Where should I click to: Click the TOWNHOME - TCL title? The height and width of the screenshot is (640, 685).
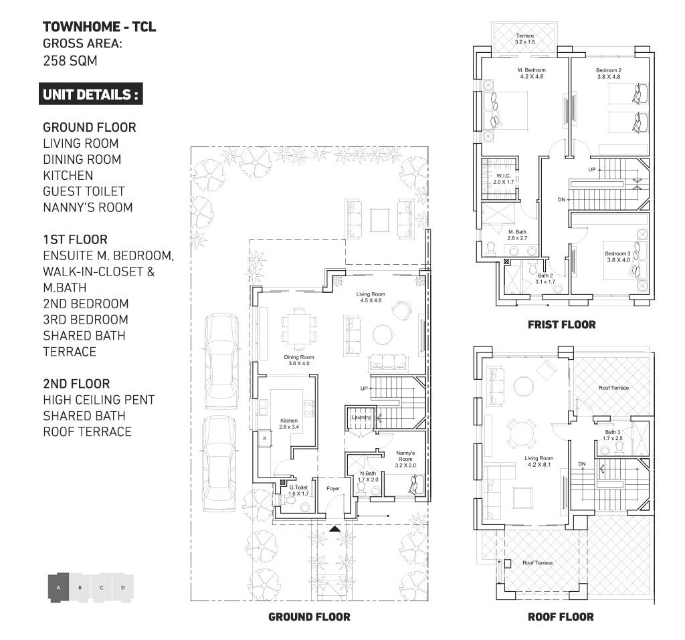(100, 27)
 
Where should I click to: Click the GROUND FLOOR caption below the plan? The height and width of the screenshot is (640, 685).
(308, 617)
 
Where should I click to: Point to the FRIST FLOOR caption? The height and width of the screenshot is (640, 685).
(561, 325)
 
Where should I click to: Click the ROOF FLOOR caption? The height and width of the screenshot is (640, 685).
(560, 617)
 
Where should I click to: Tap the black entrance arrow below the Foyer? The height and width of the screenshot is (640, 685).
(334, 529)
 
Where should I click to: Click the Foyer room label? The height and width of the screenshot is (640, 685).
(333, 488)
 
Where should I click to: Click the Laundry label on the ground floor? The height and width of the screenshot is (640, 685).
(361, 418)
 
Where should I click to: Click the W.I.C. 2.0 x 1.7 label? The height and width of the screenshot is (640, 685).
(503, 179)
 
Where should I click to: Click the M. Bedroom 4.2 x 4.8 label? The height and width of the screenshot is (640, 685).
(532, 73)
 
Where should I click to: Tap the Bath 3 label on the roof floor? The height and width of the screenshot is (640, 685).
(613, 435)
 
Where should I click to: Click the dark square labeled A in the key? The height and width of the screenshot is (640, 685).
(59, 588)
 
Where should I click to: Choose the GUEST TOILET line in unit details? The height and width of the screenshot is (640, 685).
(84, 191)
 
